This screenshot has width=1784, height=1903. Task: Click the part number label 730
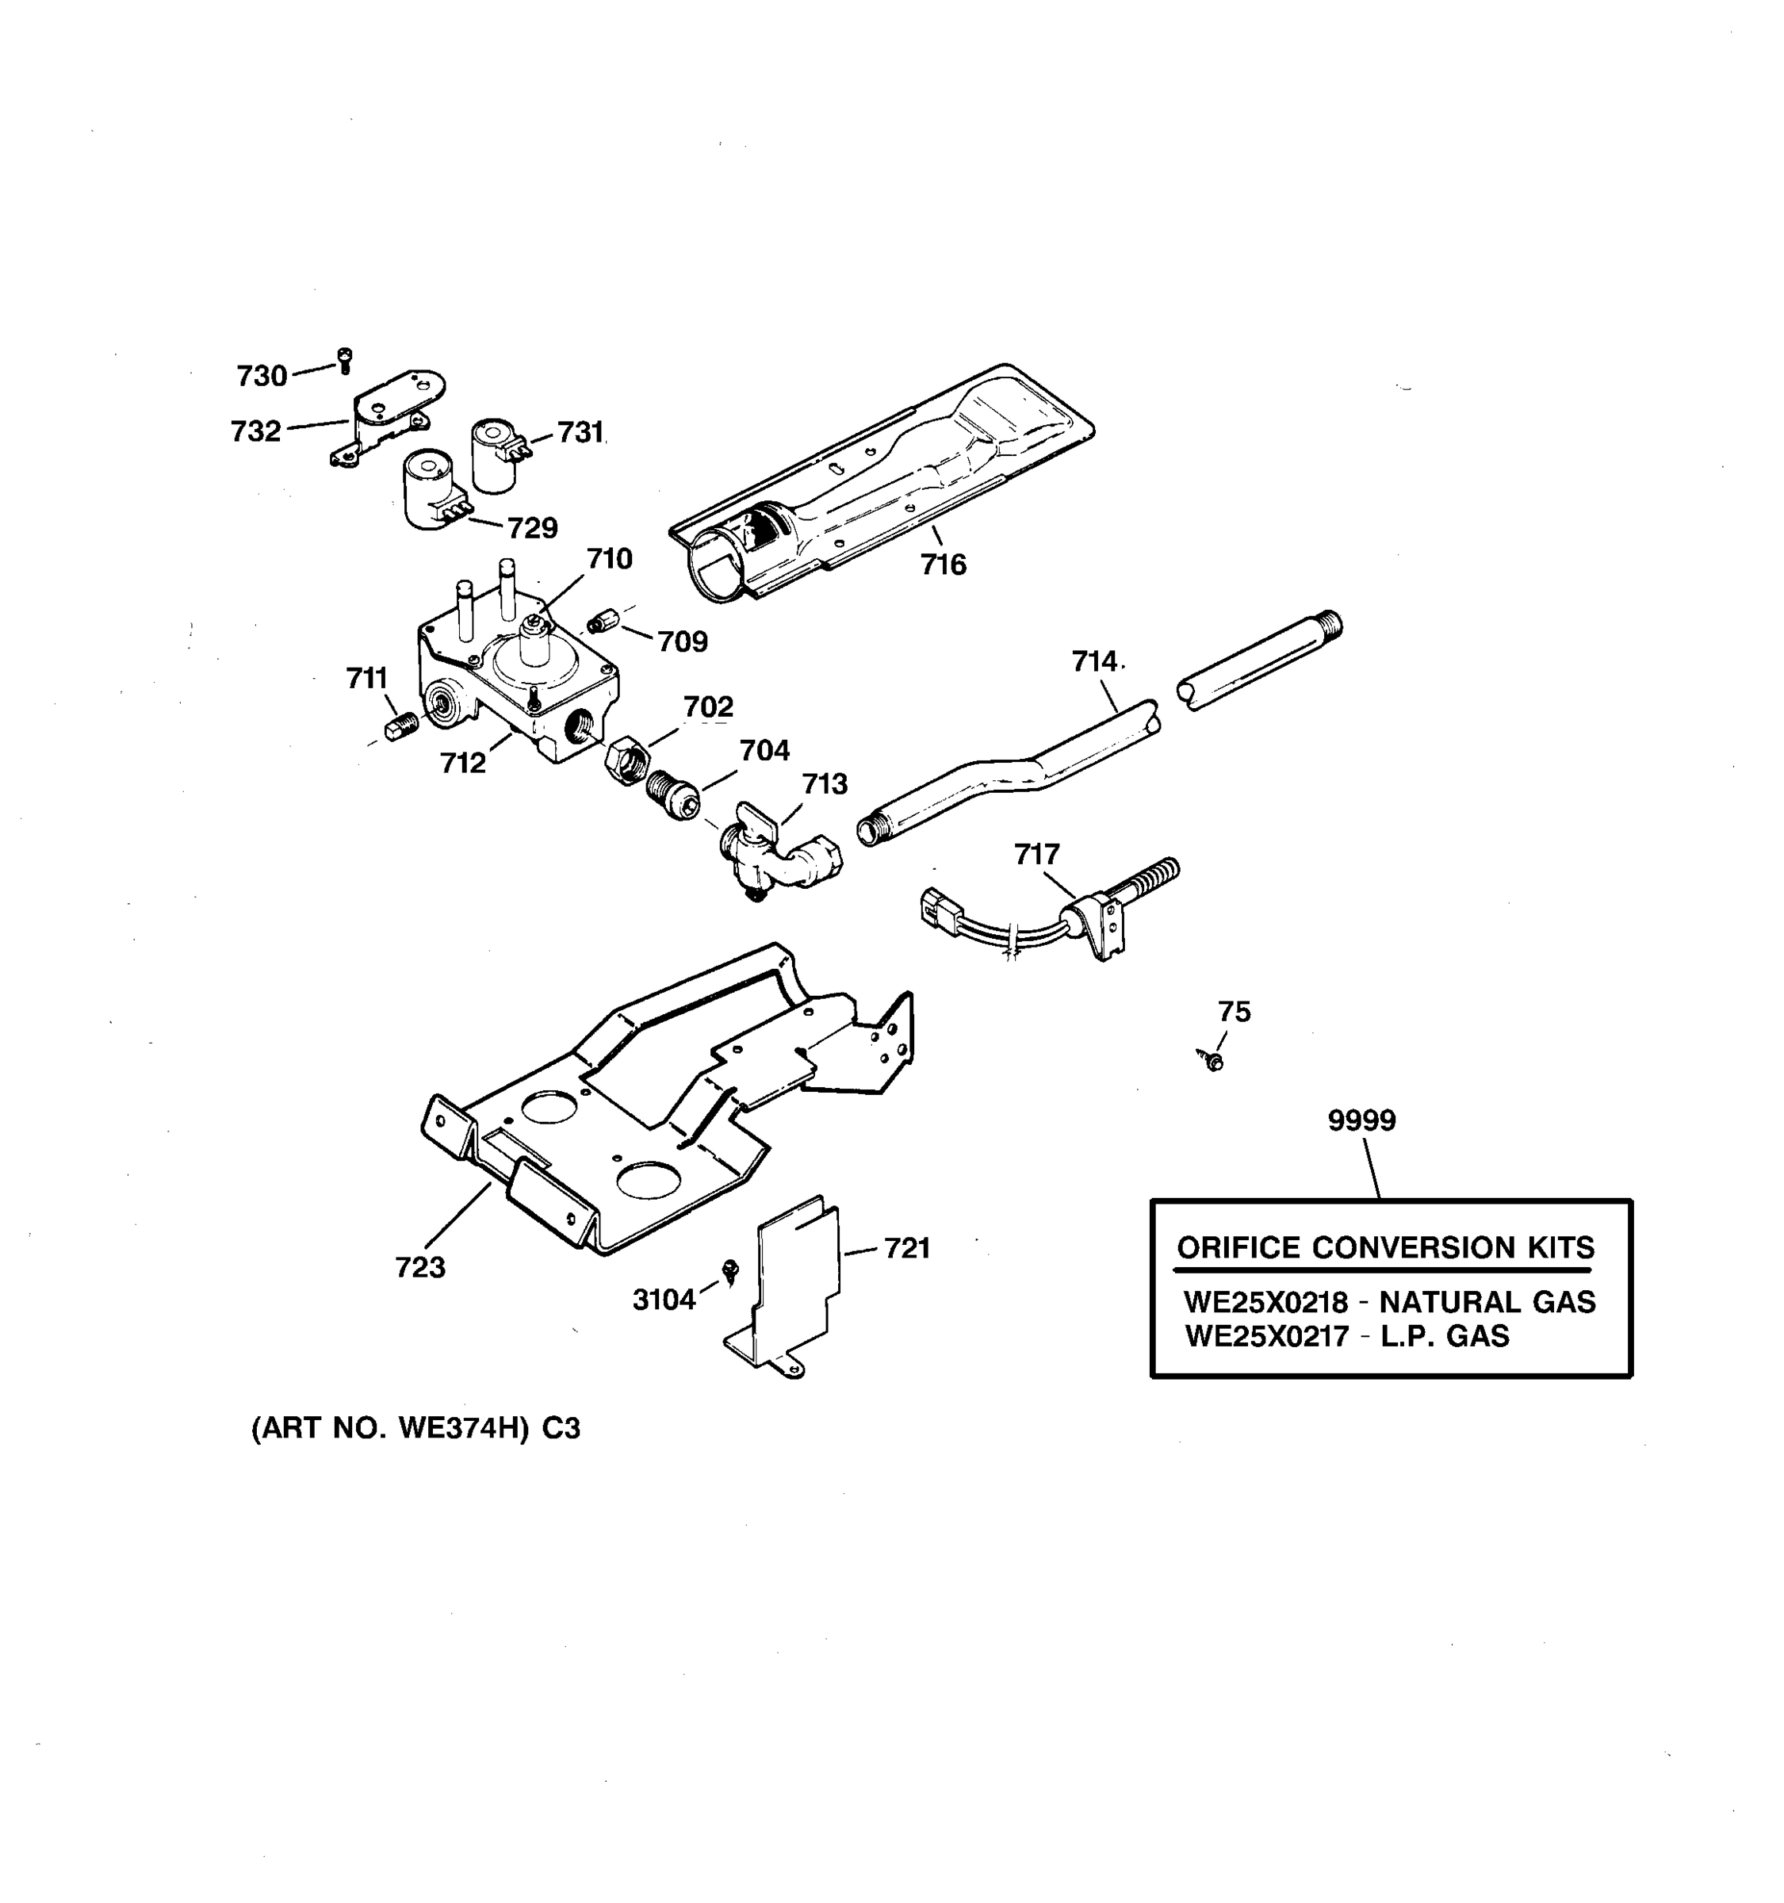(262, 376)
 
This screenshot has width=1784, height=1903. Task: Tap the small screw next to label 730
(345, 361)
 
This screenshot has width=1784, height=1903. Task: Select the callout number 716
(944, 565)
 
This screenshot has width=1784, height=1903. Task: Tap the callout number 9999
(1361, 1120)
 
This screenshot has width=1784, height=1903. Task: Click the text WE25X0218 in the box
(1265, 1303)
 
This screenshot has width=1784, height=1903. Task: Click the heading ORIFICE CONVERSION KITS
(1385, 1248)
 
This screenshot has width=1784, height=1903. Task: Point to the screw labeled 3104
(731, 1270)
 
